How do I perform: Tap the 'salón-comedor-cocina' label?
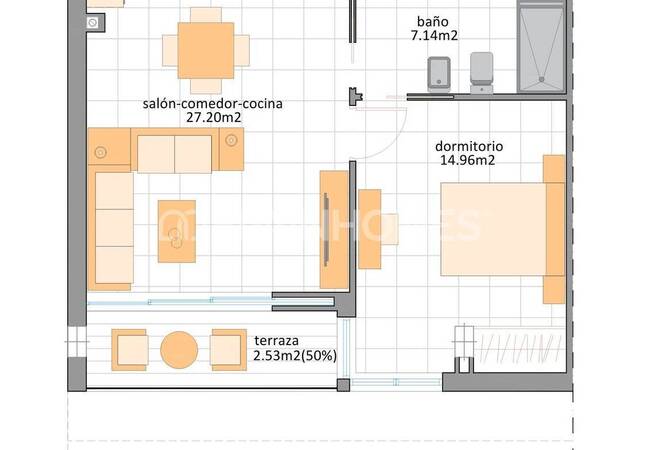[214, 103]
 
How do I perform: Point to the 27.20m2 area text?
[214, 117]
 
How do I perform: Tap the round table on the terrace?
[180, 349]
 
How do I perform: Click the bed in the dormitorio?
[492, 229]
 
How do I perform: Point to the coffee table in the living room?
[177, 230]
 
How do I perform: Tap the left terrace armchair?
[130, 349]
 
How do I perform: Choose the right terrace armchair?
[228, 349]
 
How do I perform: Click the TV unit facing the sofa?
[333, 229]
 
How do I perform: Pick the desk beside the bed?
[370, 229]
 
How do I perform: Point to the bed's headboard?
[554, 229]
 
